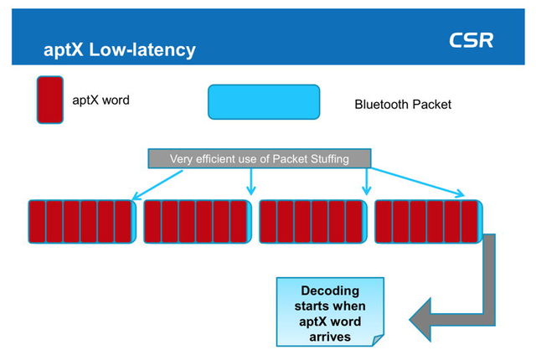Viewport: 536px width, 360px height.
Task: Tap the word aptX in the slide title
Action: [x=65, y=50]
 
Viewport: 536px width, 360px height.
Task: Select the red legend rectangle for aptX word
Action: [x=50, y=100]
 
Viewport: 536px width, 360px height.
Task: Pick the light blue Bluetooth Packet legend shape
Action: [x=264, y=102]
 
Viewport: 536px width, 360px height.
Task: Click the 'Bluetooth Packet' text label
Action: [x=403, y=105]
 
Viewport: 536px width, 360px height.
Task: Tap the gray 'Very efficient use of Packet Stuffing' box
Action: [x=259, y=158]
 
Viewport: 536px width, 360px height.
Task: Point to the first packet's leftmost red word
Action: [x=38, y=222]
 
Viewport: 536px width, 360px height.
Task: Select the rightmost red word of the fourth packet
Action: [x=470, y=222]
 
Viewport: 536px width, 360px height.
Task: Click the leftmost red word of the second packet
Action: [x=152, y=222]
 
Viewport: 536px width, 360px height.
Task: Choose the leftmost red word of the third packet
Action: [x=268, y=222]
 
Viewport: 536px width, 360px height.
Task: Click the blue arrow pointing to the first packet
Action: [x=155, y=180]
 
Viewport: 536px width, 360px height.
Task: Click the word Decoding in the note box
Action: [x=331, y=291]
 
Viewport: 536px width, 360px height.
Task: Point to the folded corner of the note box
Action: [x=379, y=341]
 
